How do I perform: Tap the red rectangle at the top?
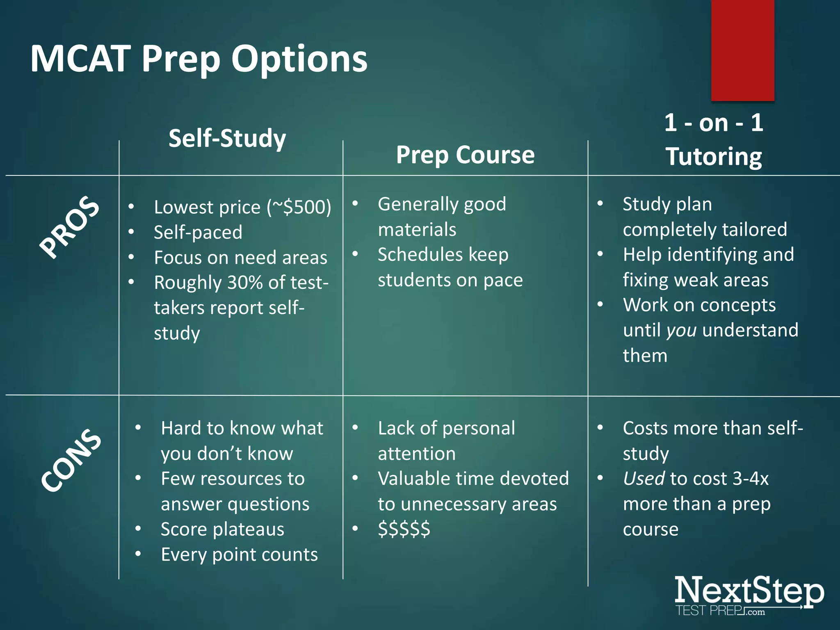click(742, 49)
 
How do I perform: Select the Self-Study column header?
click(227, 138)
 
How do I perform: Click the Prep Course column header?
click(465, 155)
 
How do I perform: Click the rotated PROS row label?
click(69, 227)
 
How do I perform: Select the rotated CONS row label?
click(71, 459)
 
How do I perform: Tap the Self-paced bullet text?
click(198, 232)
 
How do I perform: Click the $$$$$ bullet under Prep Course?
click(404, 529)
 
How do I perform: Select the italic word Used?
click(644, 479)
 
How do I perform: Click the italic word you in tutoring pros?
click(681, 330)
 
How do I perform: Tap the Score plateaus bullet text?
click(222, 529)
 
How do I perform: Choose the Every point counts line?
click(239, 555)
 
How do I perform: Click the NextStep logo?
click(749, 595)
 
